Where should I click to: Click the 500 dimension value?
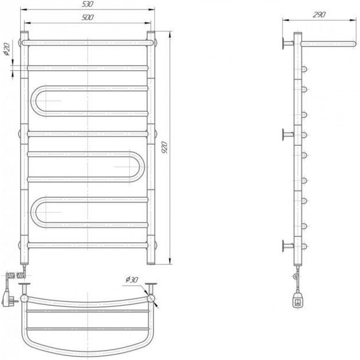pos(88,18)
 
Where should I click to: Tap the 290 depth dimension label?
pos(319,15)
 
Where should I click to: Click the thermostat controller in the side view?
pos(298,301)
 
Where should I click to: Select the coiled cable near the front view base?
pos(17,275)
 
